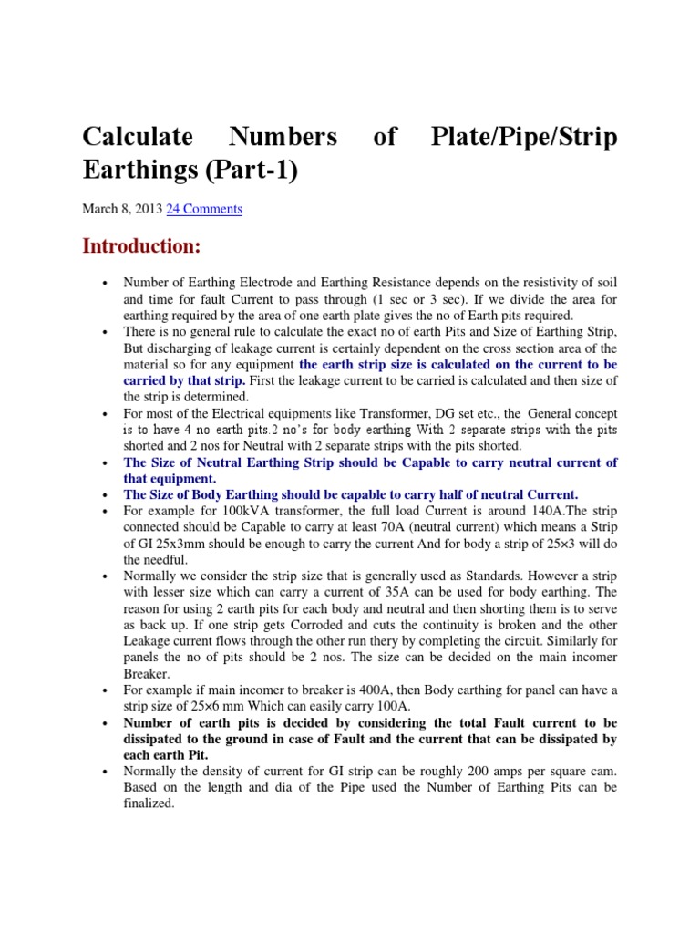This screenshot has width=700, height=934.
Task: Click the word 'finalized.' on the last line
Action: pyautogui.click(x=150, y=804)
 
